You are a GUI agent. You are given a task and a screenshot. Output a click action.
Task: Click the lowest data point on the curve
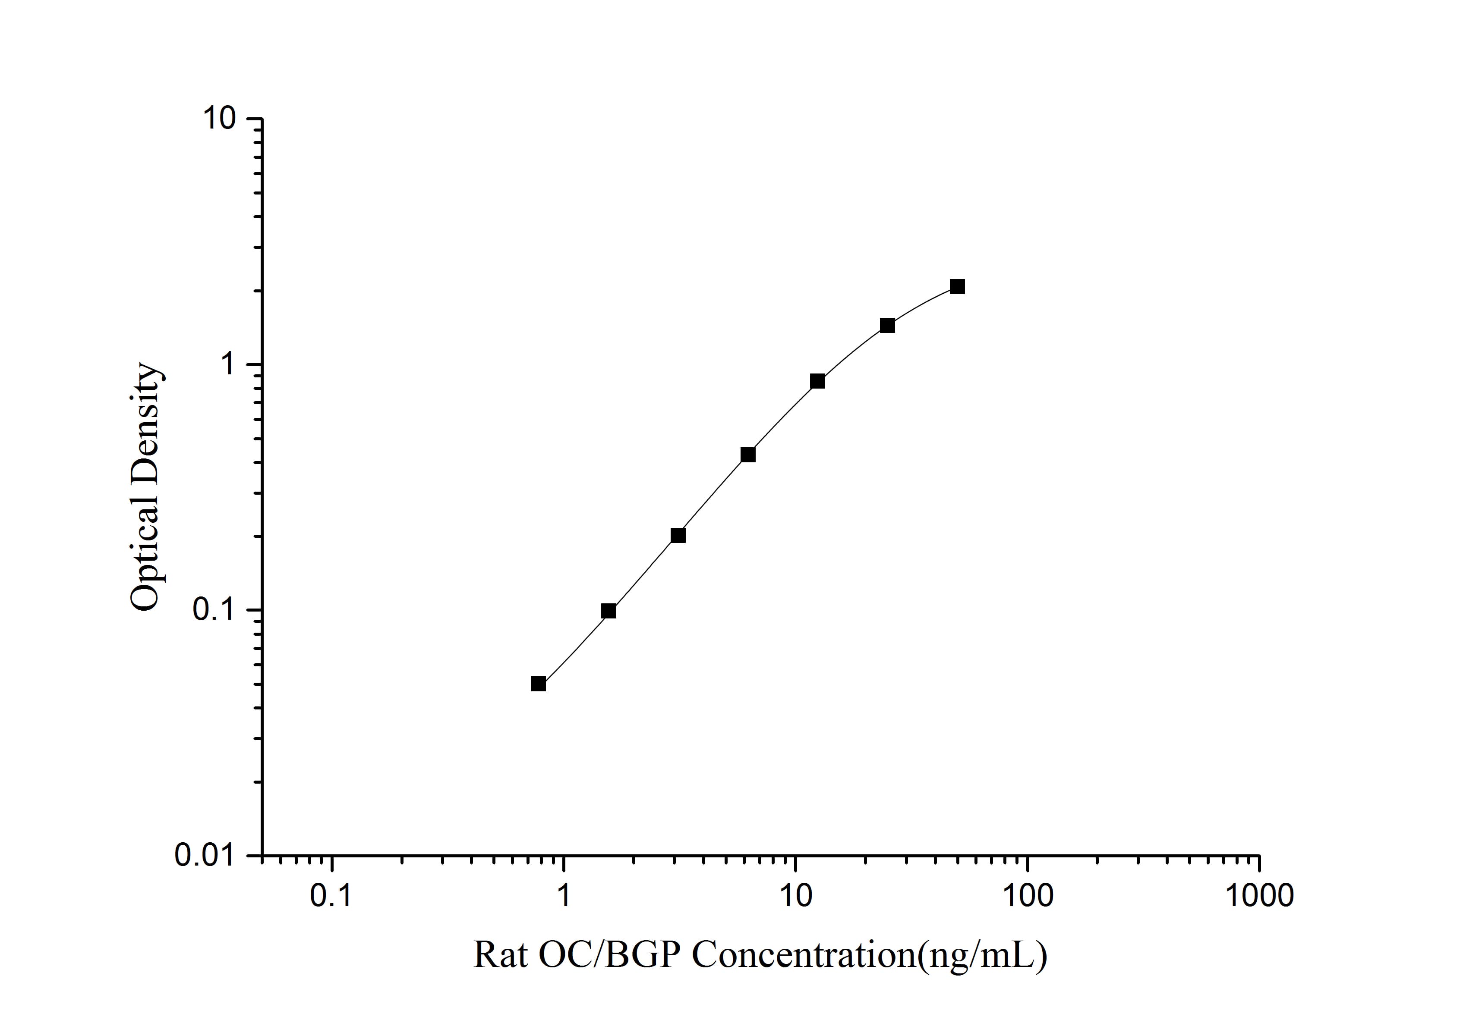[539, 684]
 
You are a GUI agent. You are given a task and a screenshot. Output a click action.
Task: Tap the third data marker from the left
[678, 536]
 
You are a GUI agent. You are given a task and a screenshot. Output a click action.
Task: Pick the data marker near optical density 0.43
[748, 455]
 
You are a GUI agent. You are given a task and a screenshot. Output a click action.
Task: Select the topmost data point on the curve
[957, 287]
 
